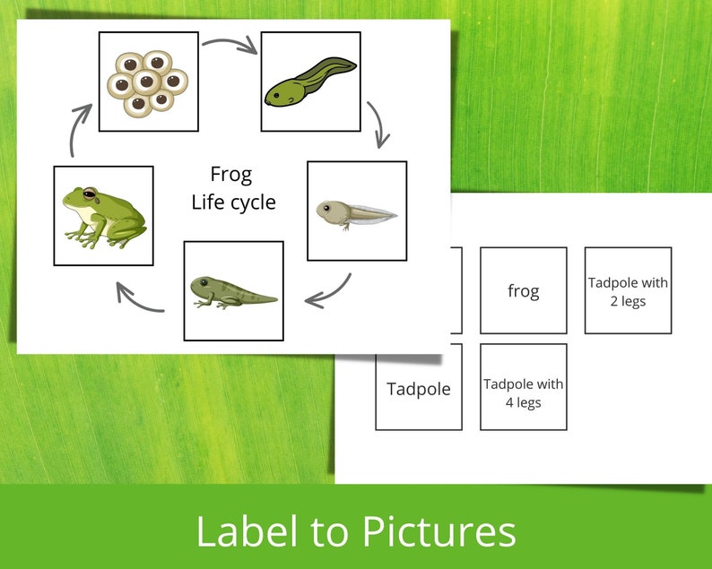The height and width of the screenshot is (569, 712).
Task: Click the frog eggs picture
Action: (148, 82)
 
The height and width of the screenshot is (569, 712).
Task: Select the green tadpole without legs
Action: (310, 82)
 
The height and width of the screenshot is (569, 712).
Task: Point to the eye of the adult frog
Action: (89, 194)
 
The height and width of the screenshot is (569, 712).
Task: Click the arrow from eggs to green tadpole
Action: (229, 45)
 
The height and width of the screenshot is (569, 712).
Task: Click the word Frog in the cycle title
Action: (231, 174)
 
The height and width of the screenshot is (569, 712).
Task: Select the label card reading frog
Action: (523, 290)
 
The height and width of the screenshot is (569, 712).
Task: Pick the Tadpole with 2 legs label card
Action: (628, 290)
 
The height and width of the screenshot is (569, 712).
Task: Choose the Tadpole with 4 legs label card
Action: (523, 387)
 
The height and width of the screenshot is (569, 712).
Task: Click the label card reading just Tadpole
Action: (418, 388)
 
